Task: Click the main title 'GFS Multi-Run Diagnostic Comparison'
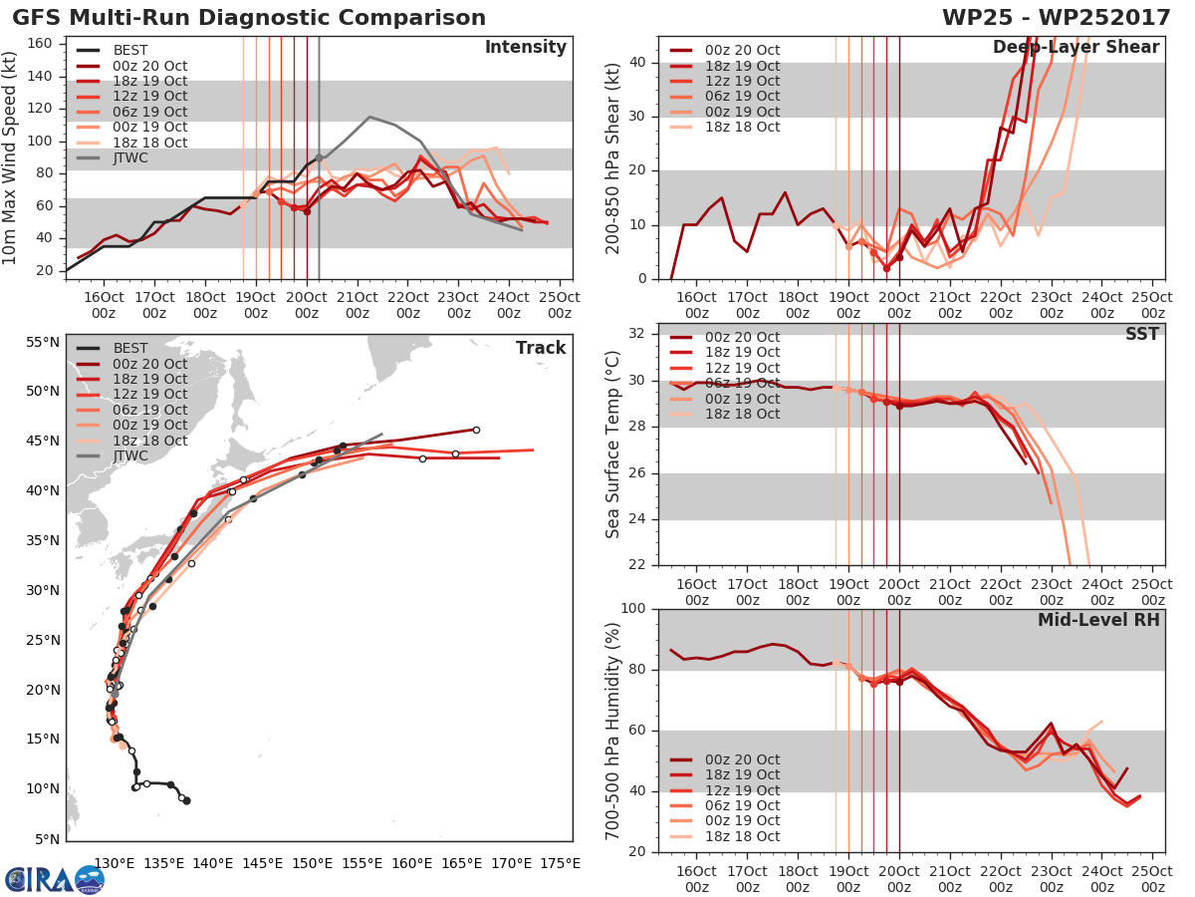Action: pos(249,18)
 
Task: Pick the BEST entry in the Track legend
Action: pos(131,348)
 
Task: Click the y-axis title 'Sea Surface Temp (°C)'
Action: pos(613,444)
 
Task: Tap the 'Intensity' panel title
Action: pos(525,48)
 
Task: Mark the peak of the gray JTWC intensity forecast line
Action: pos(369,117)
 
